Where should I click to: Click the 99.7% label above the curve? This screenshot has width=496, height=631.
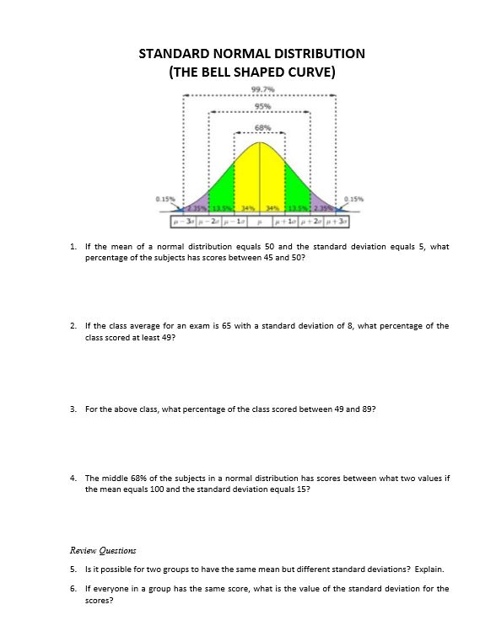click(x=261, y=88)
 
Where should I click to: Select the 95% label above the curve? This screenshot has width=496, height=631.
click(x=261, y=106)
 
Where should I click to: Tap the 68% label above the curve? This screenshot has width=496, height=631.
click(x=261, y=126)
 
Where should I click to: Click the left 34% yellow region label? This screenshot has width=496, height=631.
click(x=248, y=207)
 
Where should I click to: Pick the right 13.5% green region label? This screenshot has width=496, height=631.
click(x=299, y=207)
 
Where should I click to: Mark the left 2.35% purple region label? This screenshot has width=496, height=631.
click(x=197, y=207)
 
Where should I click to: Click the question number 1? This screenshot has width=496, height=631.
click(x=74, y=247)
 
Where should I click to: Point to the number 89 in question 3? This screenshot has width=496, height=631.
click(x=365, y=409)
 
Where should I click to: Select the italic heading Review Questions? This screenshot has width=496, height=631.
click(x=103, y=550)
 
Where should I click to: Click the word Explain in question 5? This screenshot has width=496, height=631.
click(x=427, y=569)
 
